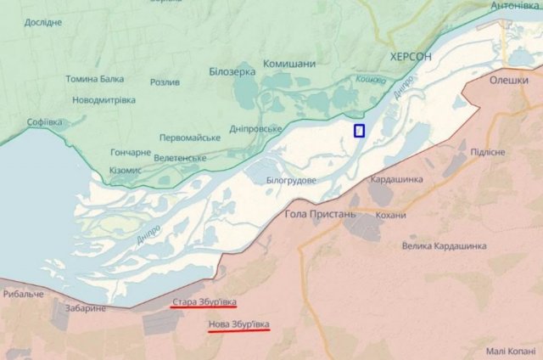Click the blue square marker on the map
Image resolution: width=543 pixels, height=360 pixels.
[x=359, y=130]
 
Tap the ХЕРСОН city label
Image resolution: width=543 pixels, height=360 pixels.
[x=410, y=56]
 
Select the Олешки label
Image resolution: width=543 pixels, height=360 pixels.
[x=509, y=80]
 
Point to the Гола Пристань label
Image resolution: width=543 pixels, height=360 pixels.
[x=321, y=214]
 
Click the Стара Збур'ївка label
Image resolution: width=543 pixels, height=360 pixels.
[x=204, y=301]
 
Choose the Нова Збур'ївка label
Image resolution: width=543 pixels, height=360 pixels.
[x=238, y=323]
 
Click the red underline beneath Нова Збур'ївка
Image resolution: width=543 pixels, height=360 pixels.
[x=238, y=331]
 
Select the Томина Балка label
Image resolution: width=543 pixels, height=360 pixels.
[x=95, y=79]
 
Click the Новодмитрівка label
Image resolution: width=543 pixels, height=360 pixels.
[x=104, y=100]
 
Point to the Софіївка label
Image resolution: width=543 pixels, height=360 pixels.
[x=45, y=122]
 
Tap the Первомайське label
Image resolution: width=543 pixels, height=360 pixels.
[x=190, y=138]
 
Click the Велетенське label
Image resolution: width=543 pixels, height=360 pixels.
[x=179, y=158]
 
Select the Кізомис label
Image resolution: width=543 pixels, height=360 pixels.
[x=125, y=171]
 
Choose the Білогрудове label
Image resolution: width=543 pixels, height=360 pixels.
[x=291, y=181]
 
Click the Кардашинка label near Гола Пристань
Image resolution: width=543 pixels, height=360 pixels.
[x=396, y=179]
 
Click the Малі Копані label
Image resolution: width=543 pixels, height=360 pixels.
[x=511, y=351]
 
